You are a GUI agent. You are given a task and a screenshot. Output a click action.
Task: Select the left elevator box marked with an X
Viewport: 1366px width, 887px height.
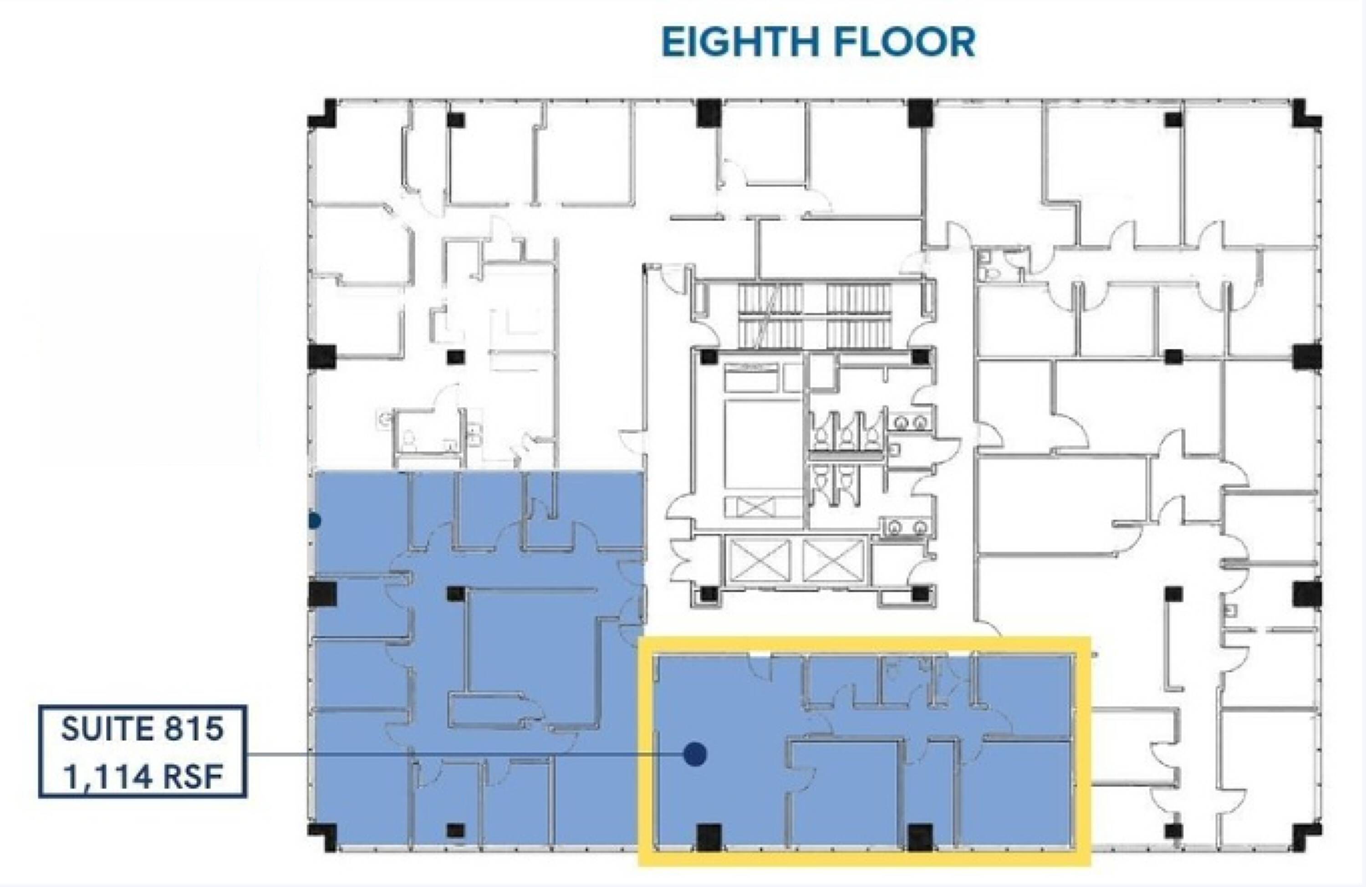point(758,561)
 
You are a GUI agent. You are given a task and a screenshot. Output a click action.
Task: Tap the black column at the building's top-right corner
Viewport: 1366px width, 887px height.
point(1307,114)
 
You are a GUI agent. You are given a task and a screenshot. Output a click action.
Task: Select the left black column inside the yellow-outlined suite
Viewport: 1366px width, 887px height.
point(709,837)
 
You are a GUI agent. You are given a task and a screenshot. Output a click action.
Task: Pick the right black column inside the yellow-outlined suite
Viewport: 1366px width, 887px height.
point(920,837)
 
